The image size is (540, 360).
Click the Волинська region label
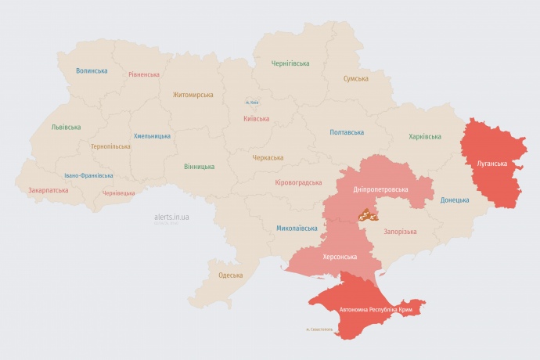tap(92, 70)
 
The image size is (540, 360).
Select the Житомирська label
tap(193, 95)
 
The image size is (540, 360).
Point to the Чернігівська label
tap(290, 63)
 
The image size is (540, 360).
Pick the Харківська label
tap(424, 136)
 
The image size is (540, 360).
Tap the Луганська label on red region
tap(491, 164)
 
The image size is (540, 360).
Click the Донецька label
tap(455, 200)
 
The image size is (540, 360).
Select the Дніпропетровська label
tap(380, 190)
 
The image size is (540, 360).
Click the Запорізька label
tap(400, 232)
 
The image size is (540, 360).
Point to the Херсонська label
tap(340, 257)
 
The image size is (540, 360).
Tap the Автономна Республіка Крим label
tap(376, 310)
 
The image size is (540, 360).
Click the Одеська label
tap(230, 275)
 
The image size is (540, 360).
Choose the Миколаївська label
tap(297, 229)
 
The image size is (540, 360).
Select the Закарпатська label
tap(48, 190)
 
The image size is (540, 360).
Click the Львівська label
tap(66, 127)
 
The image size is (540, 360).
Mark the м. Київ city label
tap(252, 103)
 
